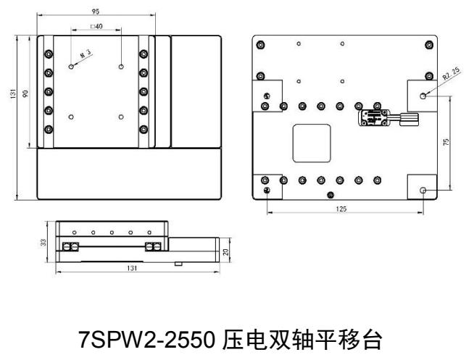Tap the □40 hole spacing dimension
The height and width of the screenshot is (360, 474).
(96, 27)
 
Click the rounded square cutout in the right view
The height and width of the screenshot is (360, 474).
(311, 142)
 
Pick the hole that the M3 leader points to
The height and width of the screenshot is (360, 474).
(71, 67)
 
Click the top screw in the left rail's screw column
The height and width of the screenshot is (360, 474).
(49, 54)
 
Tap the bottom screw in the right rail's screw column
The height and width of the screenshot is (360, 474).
(144, 129)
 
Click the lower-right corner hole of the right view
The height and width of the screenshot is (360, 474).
(424, 190)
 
